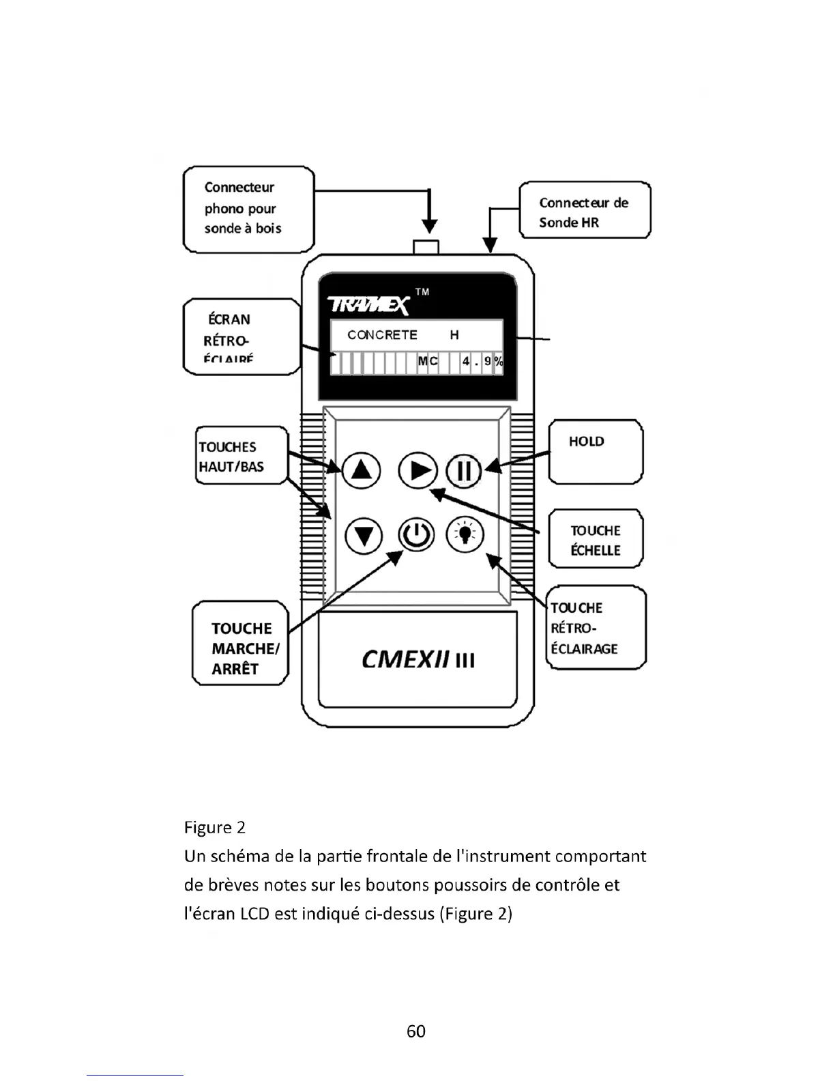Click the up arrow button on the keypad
[360, 470]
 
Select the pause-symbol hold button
[464, 471]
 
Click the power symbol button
[416, 536]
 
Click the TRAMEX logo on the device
[368, 305]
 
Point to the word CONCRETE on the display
[382, 335]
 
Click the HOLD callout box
[596, 452]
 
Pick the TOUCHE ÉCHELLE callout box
[596, 539]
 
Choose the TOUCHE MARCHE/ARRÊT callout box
[241, 643]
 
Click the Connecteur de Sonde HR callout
[585, 210]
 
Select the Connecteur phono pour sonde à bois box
[248, 209]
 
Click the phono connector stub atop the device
[427, 247]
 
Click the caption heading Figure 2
[215, 828]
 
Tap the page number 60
[416, 1031]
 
